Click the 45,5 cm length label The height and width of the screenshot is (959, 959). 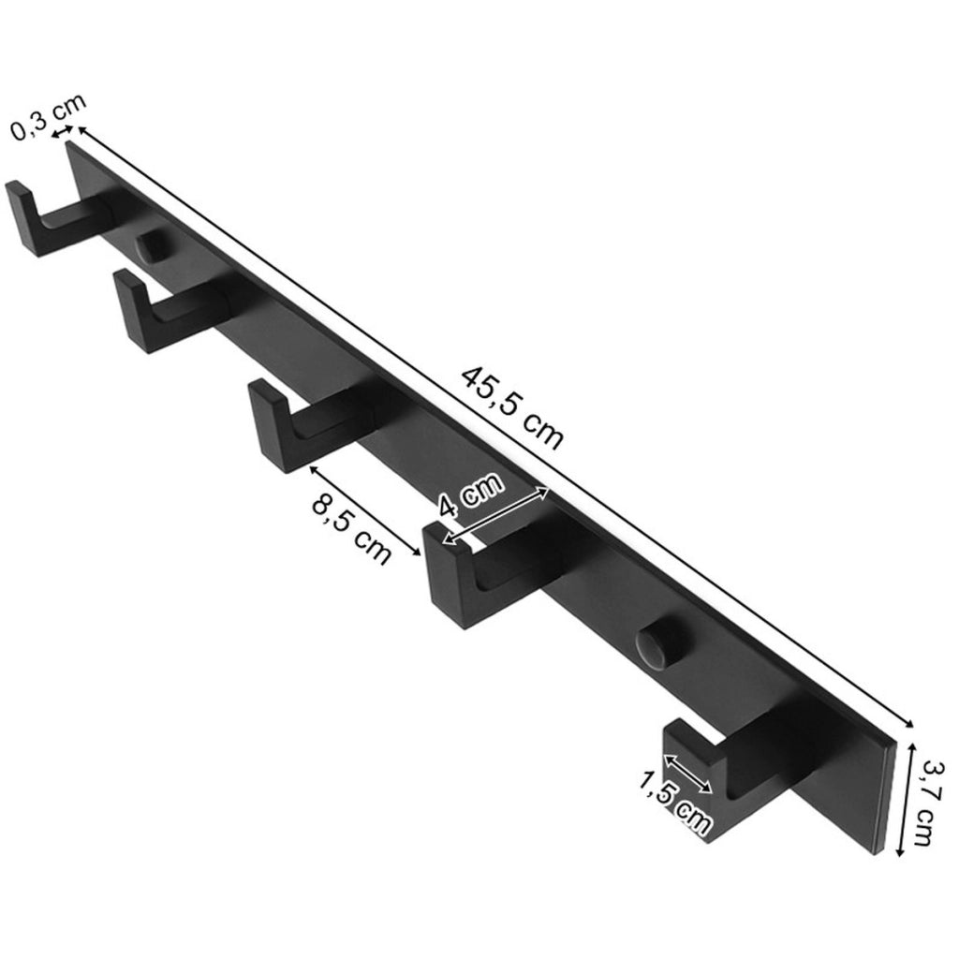[511, 408]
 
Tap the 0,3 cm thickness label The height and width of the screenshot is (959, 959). [49, 117]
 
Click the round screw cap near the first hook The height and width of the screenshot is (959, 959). [153, 245]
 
